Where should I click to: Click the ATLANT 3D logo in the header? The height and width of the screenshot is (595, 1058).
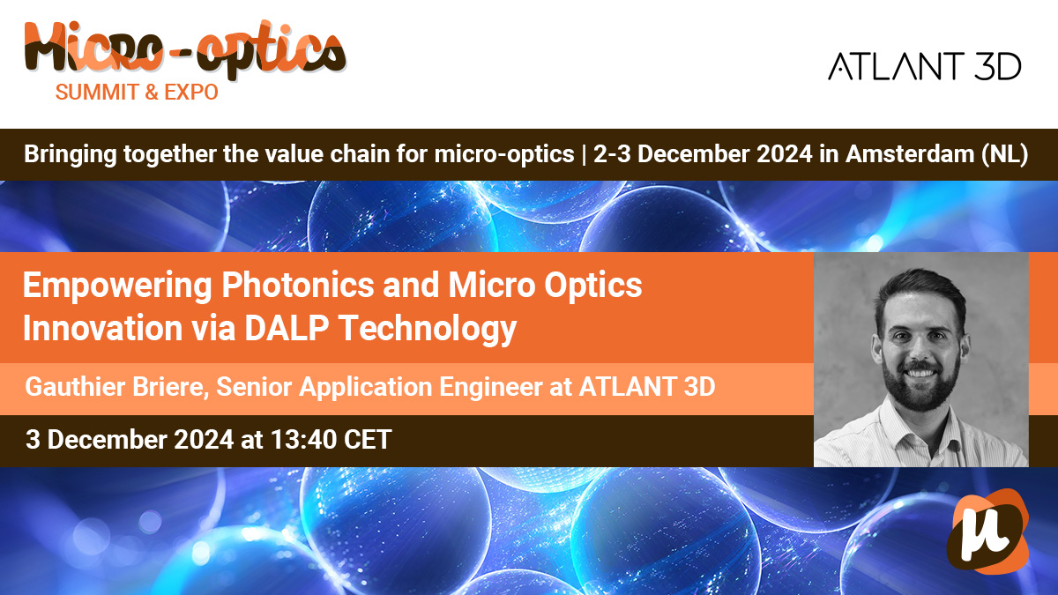click(924, 66)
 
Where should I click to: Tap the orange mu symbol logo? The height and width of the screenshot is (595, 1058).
click(987, 531)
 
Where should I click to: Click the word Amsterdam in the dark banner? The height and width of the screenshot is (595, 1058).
click(910, 154)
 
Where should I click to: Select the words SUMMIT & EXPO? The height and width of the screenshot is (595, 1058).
click(137, 92)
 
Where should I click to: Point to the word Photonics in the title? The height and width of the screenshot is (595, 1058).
click(298, 286)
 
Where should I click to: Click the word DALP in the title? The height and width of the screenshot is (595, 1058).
click(287, 328)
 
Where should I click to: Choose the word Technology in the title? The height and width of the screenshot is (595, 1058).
click(428, 329)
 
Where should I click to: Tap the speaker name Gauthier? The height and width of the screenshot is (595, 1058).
click(75, 387)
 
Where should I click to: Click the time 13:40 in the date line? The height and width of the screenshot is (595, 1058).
click(303, 440)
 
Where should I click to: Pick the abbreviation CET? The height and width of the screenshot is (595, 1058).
click(368, 440)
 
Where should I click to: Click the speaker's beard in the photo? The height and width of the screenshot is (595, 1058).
click(920, 386)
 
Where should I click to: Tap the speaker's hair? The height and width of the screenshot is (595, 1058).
click(919, 293)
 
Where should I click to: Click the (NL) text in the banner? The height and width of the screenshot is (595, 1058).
click(1004, 154)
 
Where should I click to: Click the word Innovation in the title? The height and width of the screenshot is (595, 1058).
click(102, 328)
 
